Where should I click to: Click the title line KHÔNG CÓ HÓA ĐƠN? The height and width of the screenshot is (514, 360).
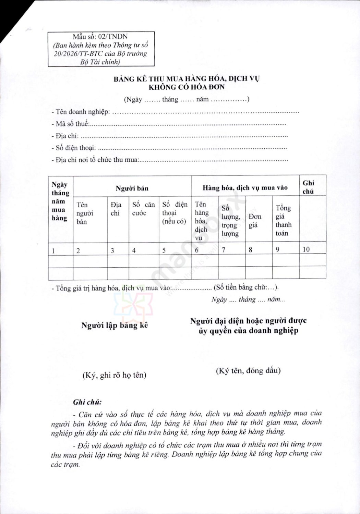pyautogui.click(x=187, y=87)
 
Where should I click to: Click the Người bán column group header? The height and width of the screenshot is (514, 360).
pyautogui.click(x=132, y=188)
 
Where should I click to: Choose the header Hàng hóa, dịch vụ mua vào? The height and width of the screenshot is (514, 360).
pyautogui.click(x=245, y=188)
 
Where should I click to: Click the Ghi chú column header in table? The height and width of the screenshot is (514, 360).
pyautogui.click(x=308, y=187)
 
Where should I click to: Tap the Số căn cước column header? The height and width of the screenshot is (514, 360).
pyautogui.click(x=143, y=209)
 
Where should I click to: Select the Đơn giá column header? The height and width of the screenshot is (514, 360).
pyautogui.click(x=255, y=221)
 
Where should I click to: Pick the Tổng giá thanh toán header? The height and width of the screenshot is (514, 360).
pyautogui.click(x=284, y=220)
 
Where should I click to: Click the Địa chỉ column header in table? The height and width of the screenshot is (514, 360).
pyautogui.click(x=116, y=209)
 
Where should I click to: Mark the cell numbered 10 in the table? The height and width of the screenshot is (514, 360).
pyautogui.click(x=306, y=249)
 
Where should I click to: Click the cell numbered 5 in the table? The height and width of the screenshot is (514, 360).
pyautogui.click(x=164, y=250)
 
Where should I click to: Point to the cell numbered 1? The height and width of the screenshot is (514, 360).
pyautogui.click(x=53, y=251)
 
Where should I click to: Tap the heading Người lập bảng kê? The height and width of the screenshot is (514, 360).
pyautogui.click(x=115, y=325)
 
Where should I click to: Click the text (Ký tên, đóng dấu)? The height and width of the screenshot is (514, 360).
pyautogui.click(x=248, y=370)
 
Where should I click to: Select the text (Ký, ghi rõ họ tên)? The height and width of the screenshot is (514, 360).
pyautogui.click(x=114, y=375)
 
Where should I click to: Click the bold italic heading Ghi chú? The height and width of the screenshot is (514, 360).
pyautogui.click(x=87, y=402)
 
